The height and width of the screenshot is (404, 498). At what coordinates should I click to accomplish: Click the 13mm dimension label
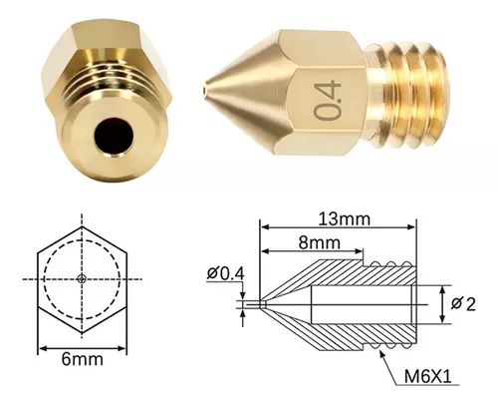pos(344,219)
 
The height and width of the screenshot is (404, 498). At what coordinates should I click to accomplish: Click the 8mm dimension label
pos(319,242)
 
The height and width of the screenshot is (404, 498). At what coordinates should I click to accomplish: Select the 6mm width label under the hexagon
pos(83,359)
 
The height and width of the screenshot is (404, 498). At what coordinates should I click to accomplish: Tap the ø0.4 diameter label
pos(226,273)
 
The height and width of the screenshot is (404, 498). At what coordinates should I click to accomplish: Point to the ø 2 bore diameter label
pos(463,304)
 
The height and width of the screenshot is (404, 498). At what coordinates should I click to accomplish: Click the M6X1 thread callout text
pos(428,377)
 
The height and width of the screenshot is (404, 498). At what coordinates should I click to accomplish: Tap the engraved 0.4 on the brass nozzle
pos(328,100)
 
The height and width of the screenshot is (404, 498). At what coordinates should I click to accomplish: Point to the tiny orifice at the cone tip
pos(204,90)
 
